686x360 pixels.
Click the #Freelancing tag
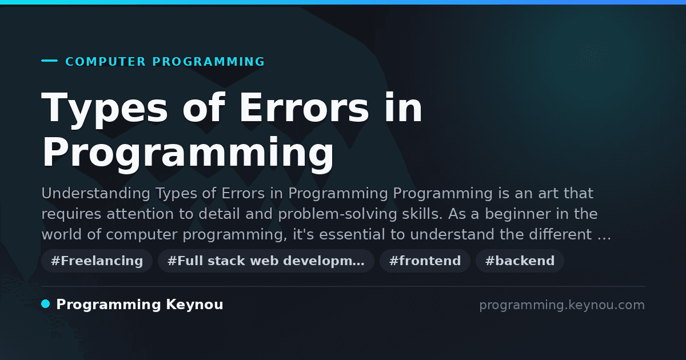[x=97, y=261]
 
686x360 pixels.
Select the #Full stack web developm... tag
[x=266, y=261]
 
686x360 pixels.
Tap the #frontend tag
[x=425, y=261]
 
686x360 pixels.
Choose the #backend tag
[x=520, y=261]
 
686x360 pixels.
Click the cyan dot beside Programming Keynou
[x=46, y=304]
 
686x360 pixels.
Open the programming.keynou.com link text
[x=562, y=305]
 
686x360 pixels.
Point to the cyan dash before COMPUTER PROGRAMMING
[x=50, y=61]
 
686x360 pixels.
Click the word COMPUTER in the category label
[x=106, y=62]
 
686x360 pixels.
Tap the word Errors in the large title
[x=304, y=108]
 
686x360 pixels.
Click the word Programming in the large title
[x=188, y=155]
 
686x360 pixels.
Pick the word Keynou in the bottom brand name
[x=194, y=305]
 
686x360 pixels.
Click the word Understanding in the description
[x=95, y=194]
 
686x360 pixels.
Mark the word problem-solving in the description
[x=337, y=214]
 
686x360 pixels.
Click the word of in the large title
[x=204, y=108]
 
